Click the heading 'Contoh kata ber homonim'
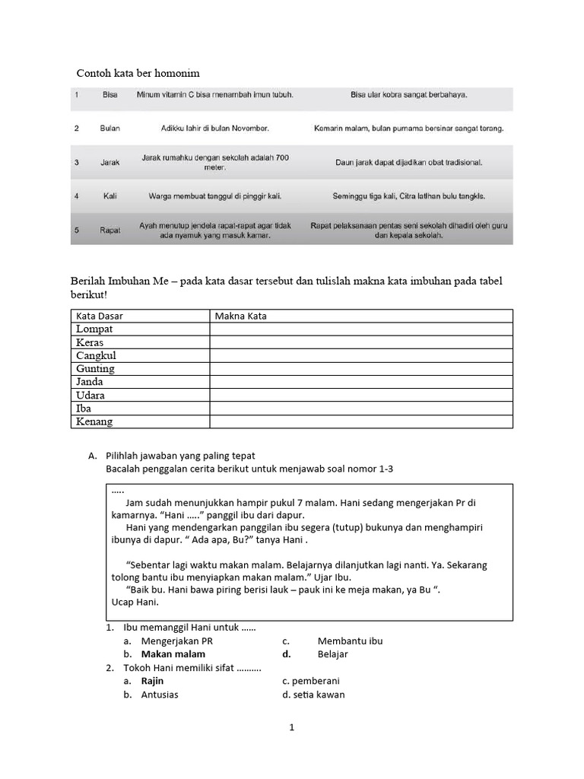point(138,73)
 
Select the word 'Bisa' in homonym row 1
point(110,95)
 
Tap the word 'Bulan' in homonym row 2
point(110,129)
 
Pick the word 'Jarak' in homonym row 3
point(110,163)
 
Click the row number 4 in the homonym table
point(77,196)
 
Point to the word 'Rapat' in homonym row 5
point(110,231)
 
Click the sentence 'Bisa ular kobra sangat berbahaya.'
point(409,95)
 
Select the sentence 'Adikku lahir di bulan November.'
point(214,129)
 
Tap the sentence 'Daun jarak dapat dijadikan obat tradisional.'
point(409,163)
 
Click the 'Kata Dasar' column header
point(100,316)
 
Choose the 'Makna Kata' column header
point(241,316)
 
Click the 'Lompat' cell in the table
point(94,329)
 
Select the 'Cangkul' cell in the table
point(96,355)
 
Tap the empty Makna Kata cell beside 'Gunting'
point(361,369)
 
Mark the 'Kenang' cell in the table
point(94,421)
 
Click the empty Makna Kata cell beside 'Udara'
point(361,396)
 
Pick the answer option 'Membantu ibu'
point(350,641)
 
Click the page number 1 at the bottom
point(291,727)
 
